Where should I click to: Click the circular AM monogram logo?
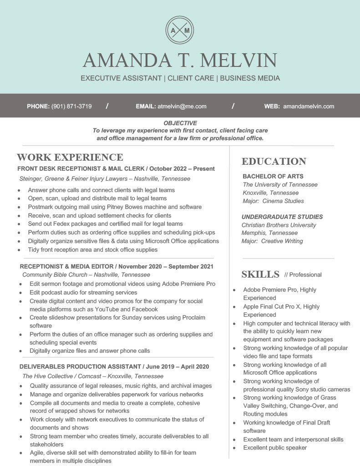click(180, 30)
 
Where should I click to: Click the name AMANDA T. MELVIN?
click(180, 61)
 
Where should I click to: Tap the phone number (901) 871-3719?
click(71, 106)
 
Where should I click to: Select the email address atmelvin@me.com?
click(182, 106)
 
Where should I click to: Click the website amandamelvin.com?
click(309, 106)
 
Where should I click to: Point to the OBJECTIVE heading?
click(180, 123)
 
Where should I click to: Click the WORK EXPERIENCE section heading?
click(70, 157)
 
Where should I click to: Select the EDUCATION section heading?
click(274, 162)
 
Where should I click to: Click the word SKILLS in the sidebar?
click(260, 274)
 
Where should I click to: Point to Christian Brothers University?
click(279, 225)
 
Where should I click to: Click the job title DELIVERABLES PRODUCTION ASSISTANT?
click(80, 367)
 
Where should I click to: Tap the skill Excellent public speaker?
click(275, 448)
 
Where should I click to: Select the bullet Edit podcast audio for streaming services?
click(83, 293)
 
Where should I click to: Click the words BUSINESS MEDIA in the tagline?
click(250, 78)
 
